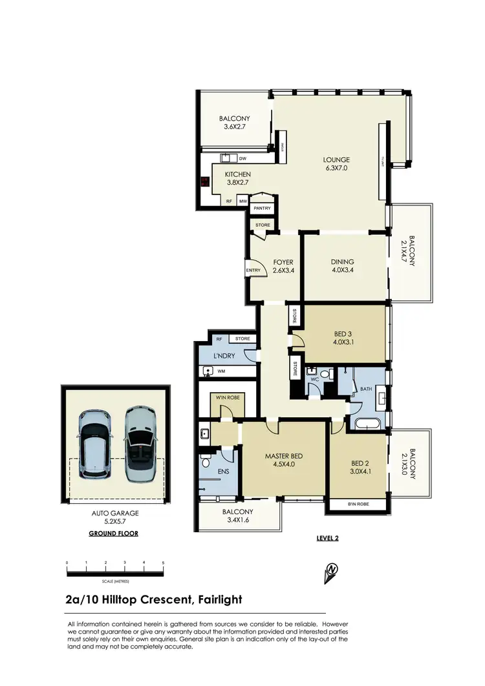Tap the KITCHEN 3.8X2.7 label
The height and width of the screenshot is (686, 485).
click(237, 178)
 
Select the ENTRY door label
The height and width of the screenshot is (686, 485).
click(252, 270)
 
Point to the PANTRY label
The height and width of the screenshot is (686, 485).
click(262, 208)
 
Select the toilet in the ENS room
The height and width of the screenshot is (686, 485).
click(206, 461)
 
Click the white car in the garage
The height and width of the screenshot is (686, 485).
click(95, 444)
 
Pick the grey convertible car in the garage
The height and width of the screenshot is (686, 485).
click(140, 444)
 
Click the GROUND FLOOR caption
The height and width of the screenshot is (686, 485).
click(113, 534)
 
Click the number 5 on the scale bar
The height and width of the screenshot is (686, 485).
click(163, 563)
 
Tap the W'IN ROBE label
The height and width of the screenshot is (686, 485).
click(228, 398)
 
